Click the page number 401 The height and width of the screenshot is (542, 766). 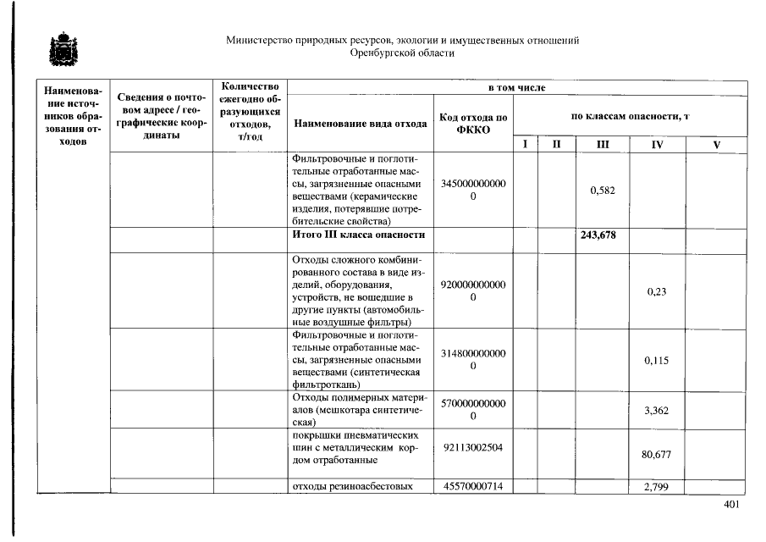(732, 506)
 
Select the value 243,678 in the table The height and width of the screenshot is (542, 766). (598, 235)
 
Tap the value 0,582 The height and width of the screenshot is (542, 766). (602, 191)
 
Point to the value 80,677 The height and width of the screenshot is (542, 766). (656, 455)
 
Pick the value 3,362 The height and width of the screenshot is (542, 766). (656, 411)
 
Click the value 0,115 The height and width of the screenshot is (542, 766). (656, 360)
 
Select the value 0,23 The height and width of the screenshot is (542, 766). (656, 291)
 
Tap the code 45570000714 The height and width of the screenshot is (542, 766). (472, 486)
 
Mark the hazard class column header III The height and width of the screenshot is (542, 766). (602, 145)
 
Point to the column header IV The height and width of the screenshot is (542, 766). (656, 145)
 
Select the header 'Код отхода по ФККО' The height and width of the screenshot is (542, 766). (472, 124)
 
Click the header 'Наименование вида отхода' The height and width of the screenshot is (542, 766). (360, 124)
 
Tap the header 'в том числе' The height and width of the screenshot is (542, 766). (516, 87)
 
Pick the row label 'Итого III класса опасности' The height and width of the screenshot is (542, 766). (357, 235)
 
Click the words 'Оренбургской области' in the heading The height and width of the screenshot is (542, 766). (402, 53)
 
